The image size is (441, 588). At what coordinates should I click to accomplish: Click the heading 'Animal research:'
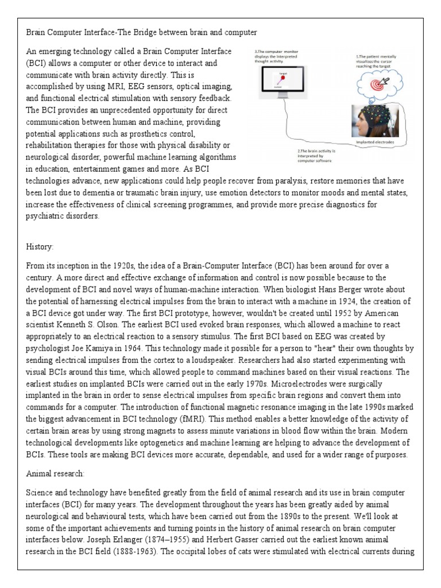(x=56, y=474)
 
